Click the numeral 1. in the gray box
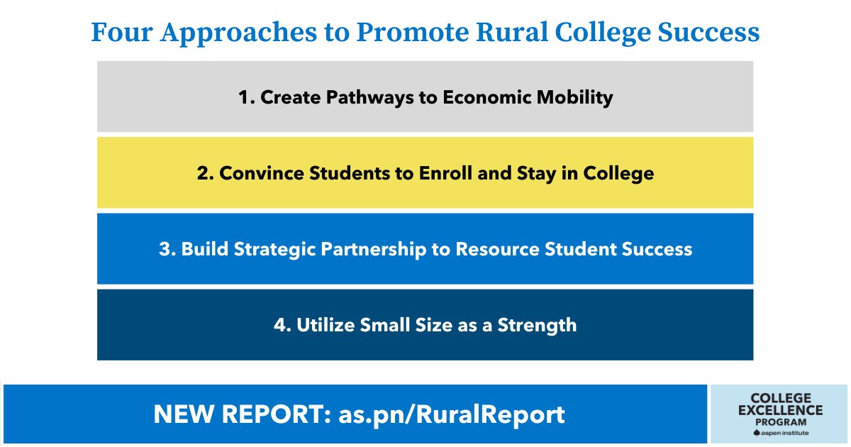tap(246, 98)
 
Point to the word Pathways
tap(368, 98)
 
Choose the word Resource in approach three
tap(501, 250)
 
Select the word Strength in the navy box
tap(537, 326)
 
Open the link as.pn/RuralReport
tap(452, 414)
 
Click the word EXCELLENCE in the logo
tap(780, 410)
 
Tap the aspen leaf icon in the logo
tap(756, 432)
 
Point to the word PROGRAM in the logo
tap(780, 421)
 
